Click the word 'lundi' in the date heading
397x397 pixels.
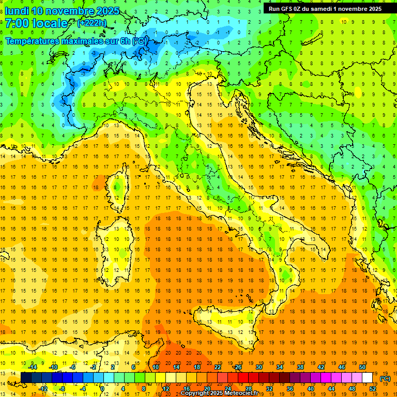pyautogui.click(x=17, y=11)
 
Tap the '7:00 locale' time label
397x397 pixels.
pyautogui.click(x=36, y=23)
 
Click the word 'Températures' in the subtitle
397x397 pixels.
pyautogui.click(x=33, y=41)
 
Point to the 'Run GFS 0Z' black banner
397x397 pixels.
pyautogui.click(x=325, y=9)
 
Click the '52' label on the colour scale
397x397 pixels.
pyautogui.click(x=373, y=389)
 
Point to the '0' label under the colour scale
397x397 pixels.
pyautogui.click(x=102, y=389)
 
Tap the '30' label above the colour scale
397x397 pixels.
pyautogui.click(x=259, y=368)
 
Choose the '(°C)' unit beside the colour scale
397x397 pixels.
pyautogui.click(x=385, y=378)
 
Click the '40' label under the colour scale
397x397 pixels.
pyautogui.click(x=311, y=389)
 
